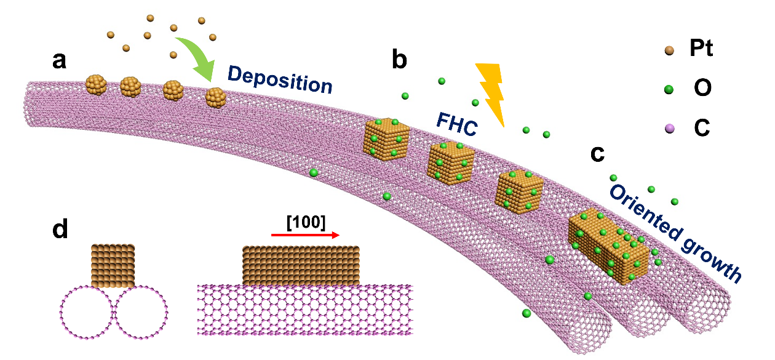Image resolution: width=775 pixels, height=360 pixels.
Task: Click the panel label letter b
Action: [x=399, y=60]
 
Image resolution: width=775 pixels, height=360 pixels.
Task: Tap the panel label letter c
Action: [x=597, y=154]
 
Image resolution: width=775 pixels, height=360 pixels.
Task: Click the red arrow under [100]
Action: [x=305, y=235]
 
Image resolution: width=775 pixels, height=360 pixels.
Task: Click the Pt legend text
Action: [x=701, y=49]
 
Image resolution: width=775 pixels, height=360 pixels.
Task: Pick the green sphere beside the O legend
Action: [x=670, y=89]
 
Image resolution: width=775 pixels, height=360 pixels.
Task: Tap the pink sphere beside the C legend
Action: [x=670, y=129]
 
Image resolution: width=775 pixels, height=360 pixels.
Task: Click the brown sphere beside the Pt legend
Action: [x=670, y=50]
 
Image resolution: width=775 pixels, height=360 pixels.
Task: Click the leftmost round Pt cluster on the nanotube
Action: [x=95, y=84]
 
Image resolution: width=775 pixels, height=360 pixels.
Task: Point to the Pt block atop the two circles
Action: [x=113, y=265]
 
